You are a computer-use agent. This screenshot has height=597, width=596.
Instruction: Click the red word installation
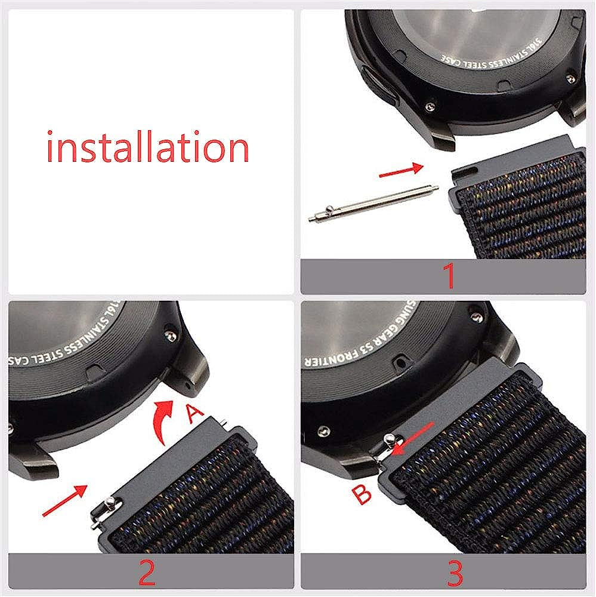147,147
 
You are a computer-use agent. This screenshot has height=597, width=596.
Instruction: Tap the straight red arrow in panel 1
401,171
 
